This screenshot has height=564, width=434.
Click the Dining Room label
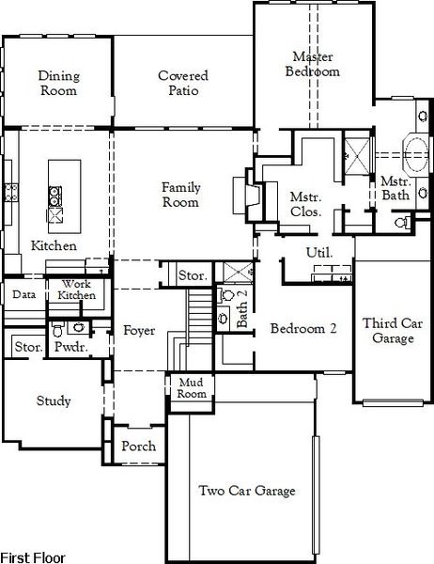[x=58, y=84]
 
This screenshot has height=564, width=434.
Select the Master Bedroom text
[x=314, y=64]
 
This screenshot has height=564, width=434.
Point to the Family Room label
[x=179, y=195]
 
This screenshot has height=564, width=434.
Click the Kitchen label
[x=54, y=245]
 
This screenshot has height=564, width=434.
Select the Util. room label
[x=318, y=253]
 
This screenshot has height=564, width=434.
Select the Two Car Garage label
[x=247, y=491]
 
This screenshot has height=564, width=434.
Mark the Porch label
[x=138, y=446]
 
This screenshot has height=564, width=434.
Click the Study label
[x=54, y=401]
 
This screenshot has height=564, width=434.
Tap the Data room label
[x=23, y=294]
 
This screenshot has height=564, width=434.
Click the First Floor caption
[x=33, y=556]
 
